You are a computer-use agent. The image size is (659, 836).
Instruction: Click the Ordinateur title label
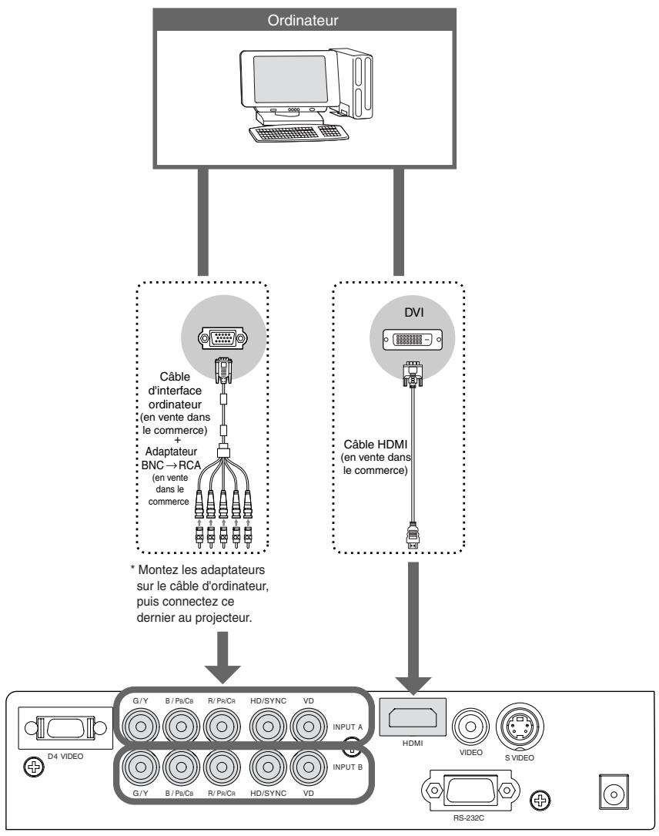point(330,21)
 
